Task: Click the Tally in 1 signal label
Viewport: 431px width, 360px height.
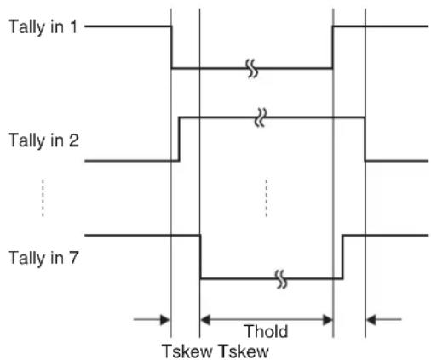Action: click(43, 27)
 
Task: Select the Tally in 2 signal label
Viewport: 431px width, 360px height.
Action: click(43, 140)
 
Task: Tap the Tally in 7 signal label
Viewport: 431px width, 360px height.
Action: click(43, 258)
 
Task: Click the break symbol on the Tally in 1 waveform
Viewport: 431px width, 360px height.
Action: click(252, 68)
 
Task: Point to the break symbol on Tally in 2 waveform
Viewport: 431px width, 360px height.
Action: click(261, 117)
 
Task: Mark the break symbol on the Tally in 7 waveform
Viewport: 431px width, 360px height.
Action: click(281, 279)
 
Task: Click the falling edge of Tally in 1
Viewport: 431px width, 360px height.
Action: click(171, 48)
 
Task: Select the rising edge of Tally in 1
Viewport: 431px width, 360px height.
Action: click(332, 48)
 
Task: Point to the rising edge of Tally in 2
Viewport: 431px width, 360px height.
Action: click(179, 139)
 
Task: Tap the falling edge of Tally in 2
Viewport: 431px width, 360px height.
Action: click(365, 139)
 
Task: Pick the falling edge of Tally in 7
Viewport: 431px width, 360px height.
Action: click(200, 257)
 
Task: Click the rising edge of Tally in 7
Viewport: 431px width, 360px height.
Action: click(342, 257)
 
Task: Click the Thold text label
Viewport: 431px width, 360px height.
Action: click(266, 331)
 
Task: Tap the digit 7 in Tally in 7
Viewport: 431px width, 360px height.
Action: click(73, 257)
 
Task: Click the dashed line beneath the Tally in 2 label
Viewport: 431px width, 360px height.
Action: click(43, 197)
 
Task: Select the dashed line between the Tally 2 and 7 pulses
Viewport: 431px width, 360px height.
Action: click(267, 197)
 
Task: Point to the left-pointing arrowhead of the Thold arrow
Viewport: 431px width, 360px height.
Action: click(205, 320)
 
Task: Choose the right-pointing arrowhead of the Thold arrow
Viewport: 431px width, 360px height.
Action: click(328, 320)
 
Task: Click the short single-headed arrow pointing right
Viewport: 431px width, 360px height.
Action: click(152, 320)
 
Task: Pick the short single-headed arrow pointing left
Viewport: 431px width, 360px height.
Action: click(384, 320)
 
